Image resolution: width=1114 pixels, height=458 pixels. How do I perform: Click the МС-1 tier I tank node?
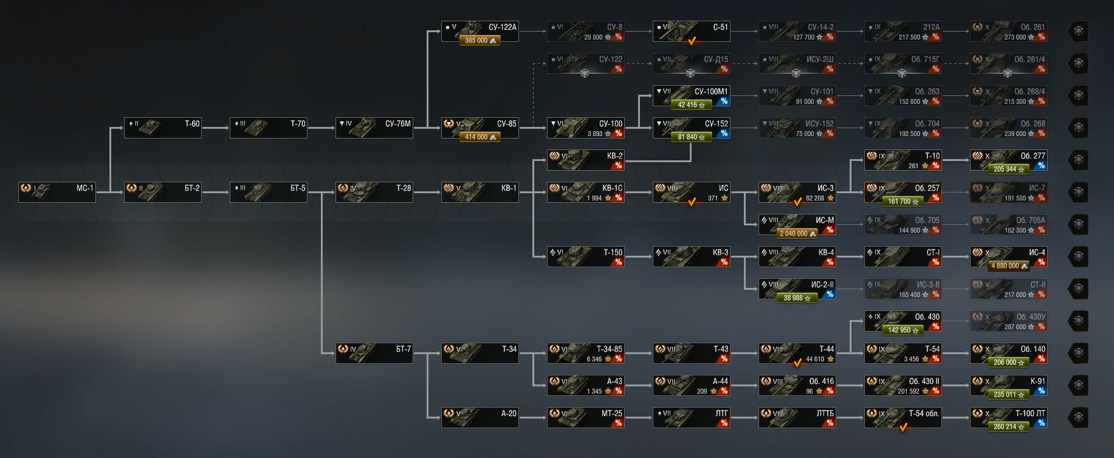point(57,192)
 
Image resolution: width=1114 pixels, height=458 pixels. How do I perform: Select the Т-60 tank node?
point(163,128)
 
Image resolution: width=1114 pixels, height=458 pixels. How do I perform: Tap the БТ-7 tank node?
point(374,353)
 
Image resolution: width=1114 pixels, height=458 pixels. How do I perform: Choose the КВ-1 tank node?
point(480,192)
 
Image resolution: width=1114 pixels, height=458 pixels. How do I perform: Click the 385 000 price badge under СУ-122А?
point(480,41)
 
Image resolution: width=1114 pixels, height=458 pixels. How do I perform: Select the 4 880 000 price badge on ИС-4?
point(1009,266)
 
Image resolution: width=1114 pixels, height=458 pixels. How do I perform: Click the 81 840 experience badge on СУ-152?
point(692,137)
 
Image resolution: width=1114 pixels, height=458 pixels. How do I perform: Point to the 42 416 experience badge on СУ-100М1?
point(692,105)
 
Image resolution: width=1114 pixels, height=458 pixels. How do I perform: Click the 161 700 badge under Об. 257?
point(903,202)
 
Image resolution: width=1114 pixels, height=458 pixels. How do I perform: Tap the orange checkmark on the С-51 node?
point(692,41)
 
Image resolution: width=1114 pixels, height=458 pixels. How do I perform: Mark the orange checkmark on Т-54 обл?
point(903,428)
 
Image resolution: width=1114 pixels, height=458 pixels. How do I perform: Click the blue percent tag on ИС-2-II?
point(830,295)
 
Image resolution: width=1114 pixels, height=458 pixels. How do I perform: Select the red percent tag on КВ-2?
point(618,166)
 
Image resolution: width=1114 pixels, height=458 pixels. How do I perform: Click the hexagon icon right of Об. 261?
point(1079,32)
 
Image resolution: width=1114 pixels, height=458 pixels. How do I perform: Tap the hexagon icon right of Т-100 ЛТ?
point(1079,418)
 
